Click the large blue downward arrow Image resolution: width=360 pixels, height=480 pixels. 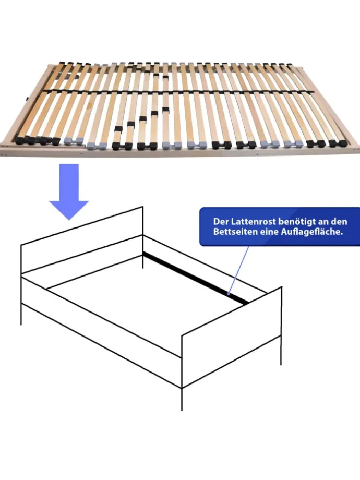coord(69,190)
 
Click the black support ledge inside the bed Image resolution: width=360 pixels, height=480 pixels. coord(196,278)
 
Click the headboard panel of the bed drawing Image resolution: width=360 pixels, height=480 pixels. coord(82,239)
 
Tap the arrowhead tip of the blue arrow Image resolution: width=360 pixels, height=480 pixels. coord(69,220)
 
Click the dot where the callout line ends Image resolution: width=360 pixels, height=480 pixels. coord(229,294)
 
